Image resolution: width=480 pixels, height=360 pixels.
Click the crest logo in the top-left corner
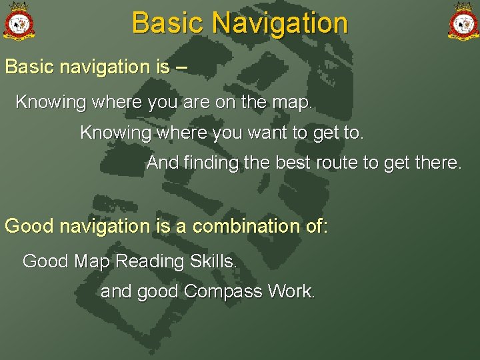19,22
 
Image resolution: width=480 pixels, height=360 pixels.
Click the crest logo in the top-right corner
462,22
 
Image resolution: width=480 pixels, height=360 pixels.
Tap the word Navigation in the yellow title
279,23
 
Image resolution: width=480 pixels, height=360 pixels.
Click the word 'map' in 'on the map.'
291,103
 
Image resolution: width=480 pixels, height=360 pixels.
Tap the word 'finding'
207,163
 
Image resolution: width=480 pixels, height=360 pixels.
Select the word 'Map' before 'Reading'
93,261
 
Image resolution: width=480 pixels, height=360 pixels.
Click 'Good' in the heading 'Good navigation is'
29,226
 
